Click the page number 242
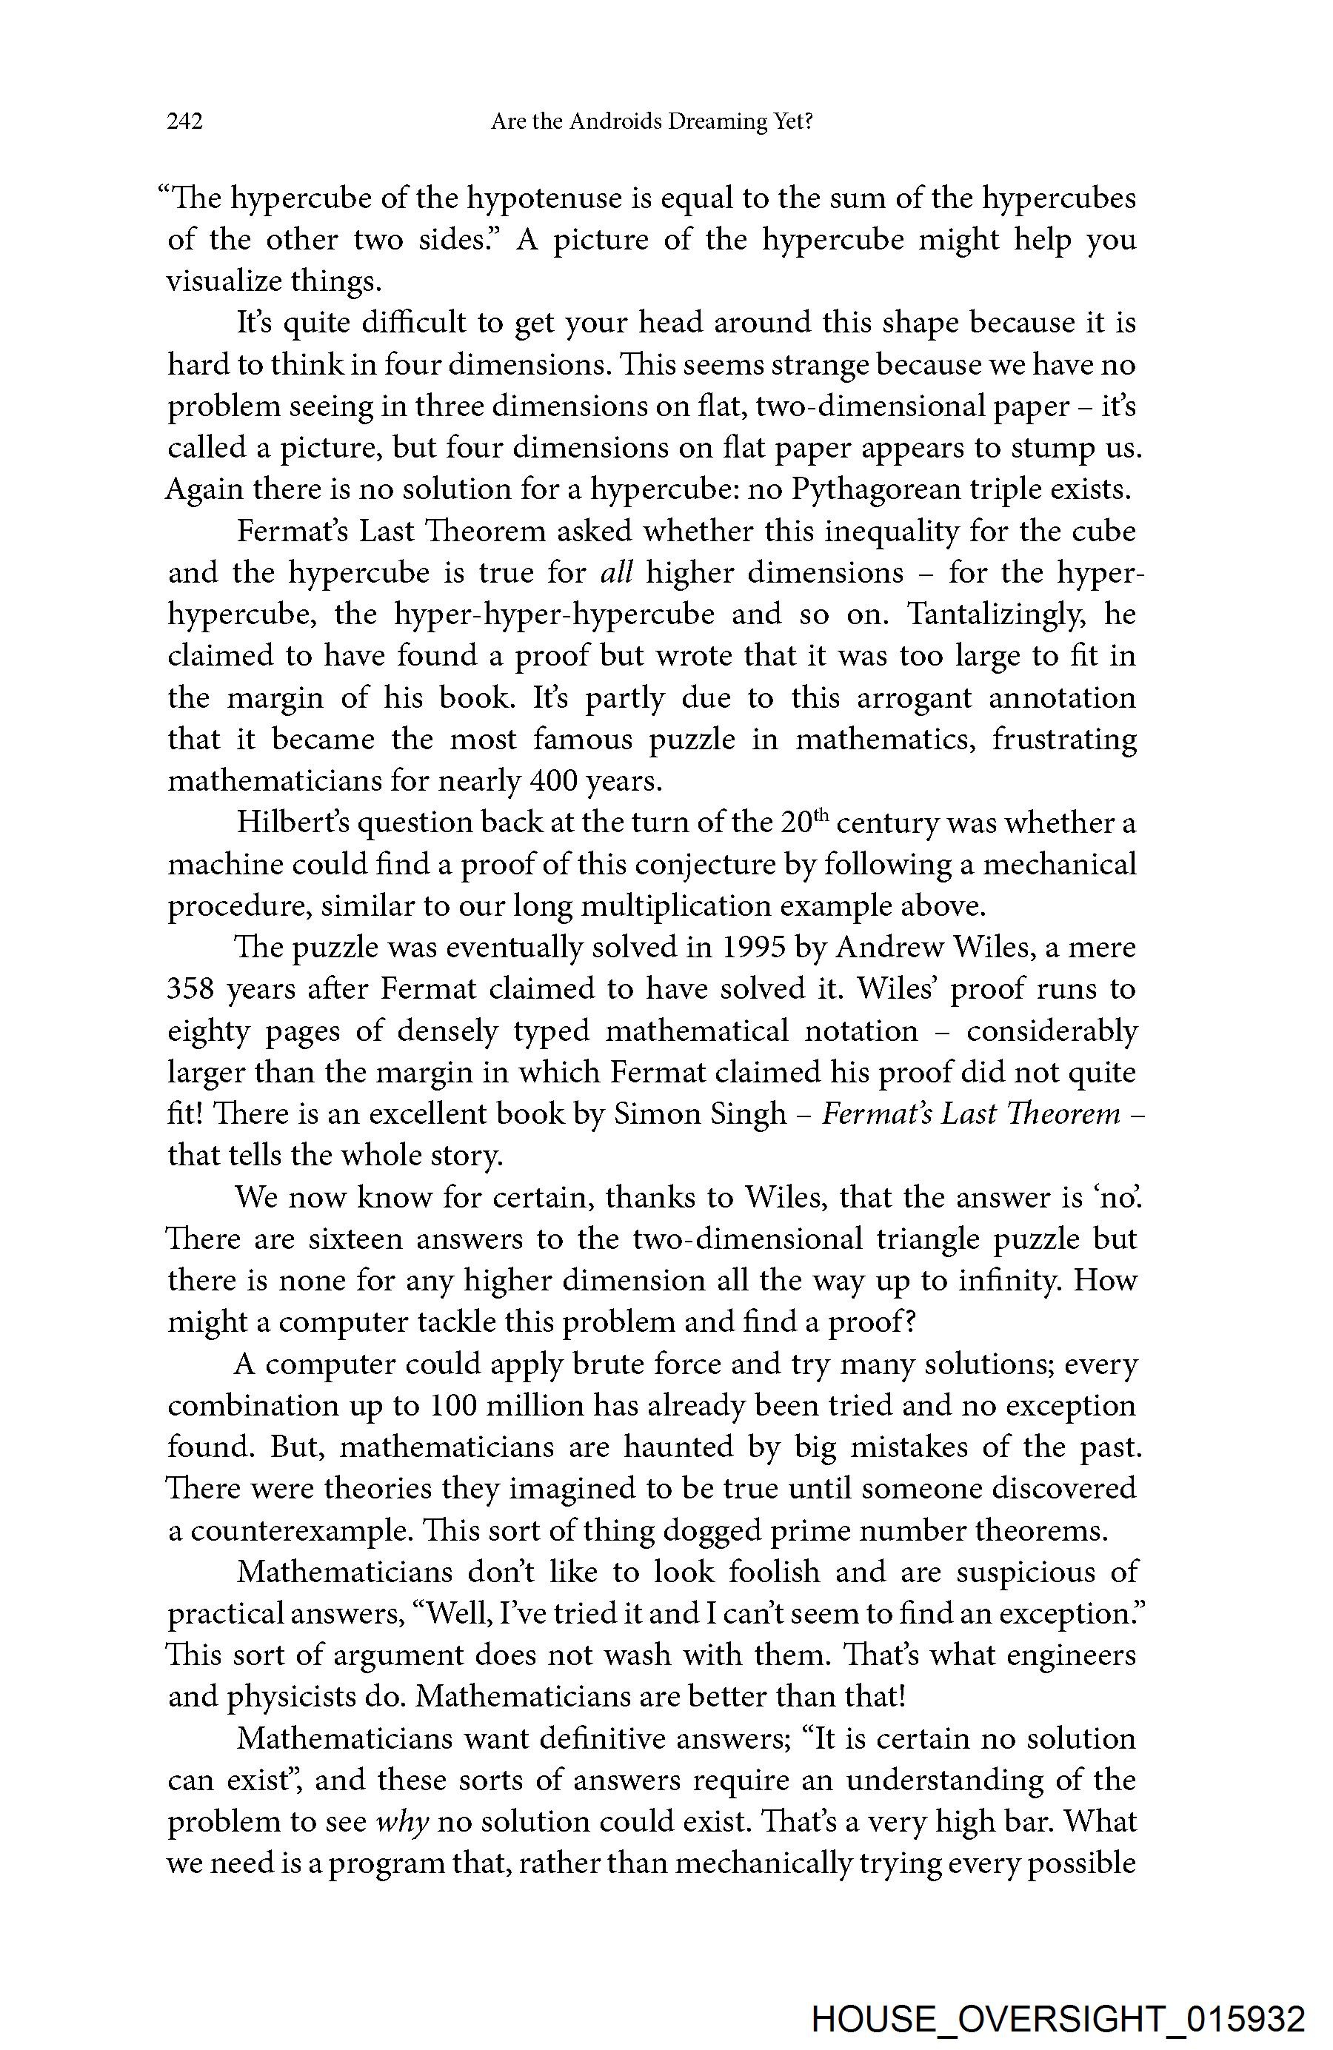[x=184, y=121]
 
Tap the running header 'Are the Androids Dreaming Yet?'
[x=652, y=121]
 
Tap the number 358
[x=190, y=989]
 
